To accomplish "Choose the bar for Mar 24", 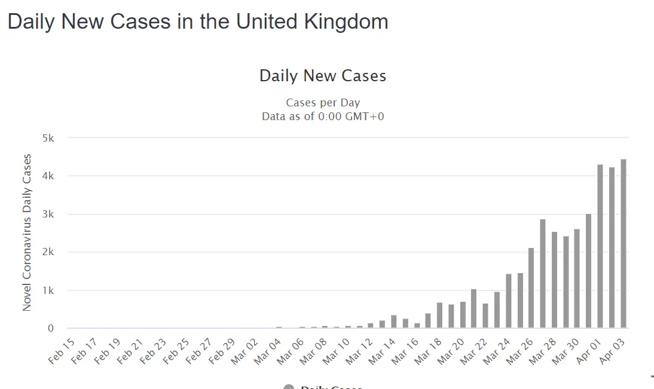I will click(x=509, y=301).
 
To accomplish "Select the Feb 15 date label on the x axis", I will click(x=62, y=351).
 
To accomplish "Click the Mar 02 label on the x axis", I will click(x=245, y=351).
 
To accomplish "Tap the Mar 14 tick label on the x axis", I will click(x=382, y=351).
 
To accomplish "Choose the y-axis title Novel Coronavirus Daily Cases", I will click(x=27, y=232).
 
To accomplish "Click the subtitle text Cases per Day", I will click(x=323, y=103).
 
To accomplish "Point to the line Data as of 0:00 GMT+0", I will click(x=323, y=117).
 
